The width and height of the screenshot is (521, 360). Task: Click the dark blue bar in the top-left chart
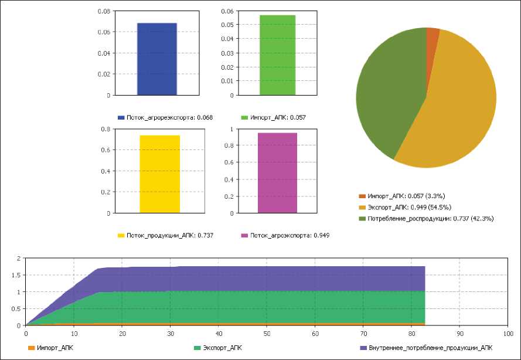click(x=157, y=59)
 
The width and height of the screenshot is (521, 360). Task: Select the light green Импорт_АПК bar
click(x=277, y=55)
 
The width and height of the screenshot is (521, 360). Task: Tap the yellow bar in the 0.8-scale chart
click(x=159, y=174)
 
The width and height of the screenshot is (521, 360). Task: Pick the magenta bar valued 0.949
click(x=277, y=173)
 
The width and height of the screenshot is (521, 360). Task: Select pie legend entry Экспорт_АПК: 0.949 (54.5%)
click(x=410, y=207)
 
